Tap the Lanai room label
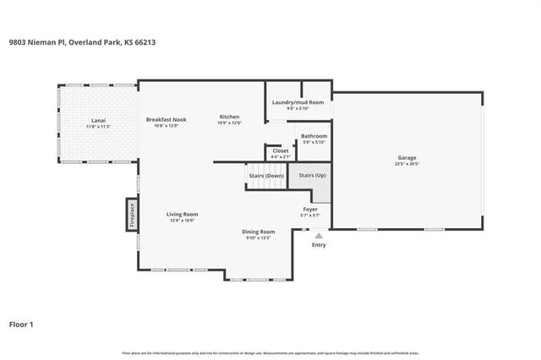(99, 121)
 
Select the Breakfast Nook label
(166, 119)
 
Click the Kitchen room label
(230, 117)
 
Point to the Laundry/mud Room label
(298, 102)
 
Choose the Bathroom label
(314, 135)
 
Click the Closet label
(281, 150)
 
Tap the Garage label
(407, 157)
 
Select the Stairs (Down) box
(265, 176)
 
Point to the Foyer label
(310, 209)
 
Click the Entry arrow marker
(319, 237)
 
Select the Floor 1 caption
(22, 323)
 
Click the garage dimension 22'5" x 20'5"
(407, 163)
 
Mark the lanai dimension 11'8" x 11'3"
(99, 127)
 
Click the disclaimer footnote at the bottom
(270, 352)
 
